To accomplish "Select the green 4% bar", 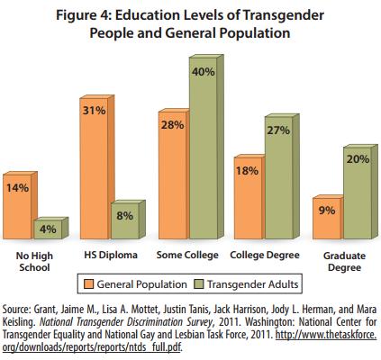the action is coord(50,229).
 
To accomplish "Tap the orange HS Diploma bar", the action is coord(96,167).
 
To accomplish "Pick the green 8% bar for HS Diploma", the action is coord(127,220).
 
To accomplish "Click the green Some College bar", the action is coord(206,147).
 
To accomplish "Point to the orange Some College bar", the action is coord(174,174).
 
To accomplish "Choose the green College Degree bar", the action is coord(282,176).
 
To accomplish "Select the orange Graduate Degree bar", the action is coord(328,217).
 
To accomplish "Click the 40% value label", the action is coord(204,72).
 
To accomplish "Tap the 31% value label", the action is coord(95,111).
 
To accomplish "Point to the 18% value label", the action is coord(247,171).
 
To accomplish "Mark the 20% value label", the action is coord(358,159).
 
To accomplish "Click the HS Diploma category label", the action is coord(111,255).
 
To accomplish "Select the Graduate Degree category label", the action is coord(344,262).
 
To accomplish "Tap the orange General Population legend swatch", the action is coord(89,283).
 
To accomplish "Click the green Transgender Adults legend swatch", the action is coord(199,283).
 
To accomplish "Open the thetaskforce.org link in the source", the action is coord(189,341).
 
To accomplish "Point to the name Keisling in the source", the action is coord(19,322).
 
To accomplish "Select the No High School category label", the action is coord(34,262).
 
